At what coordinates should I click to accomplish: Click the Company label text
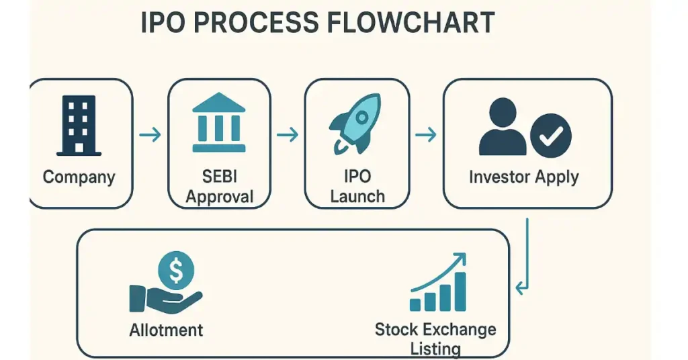point(79,177)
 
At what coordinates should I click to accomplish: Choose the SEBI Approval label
point(219,187)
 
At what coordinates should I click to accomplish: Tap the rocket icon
point(356,123)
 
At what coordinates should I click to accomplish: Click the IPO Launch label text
point(357,187)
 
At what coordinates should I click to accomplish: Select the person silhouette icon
point(503,128)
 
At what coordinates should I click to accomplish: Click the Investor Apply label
point(524,177)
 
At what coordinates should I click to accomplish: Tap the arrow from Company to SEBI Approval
point(150,135)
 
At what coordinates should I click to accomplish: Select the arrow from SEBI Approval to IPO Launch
point(288,135)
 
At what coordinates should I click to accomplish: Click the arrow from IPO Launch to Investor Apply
point(426,135)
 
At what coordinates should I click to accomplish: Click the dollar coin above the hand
point(176,271)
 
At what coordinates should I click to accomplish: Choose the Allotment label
point(166,330)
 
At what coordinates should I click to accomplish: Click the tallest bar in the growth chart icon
point(460,291)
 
